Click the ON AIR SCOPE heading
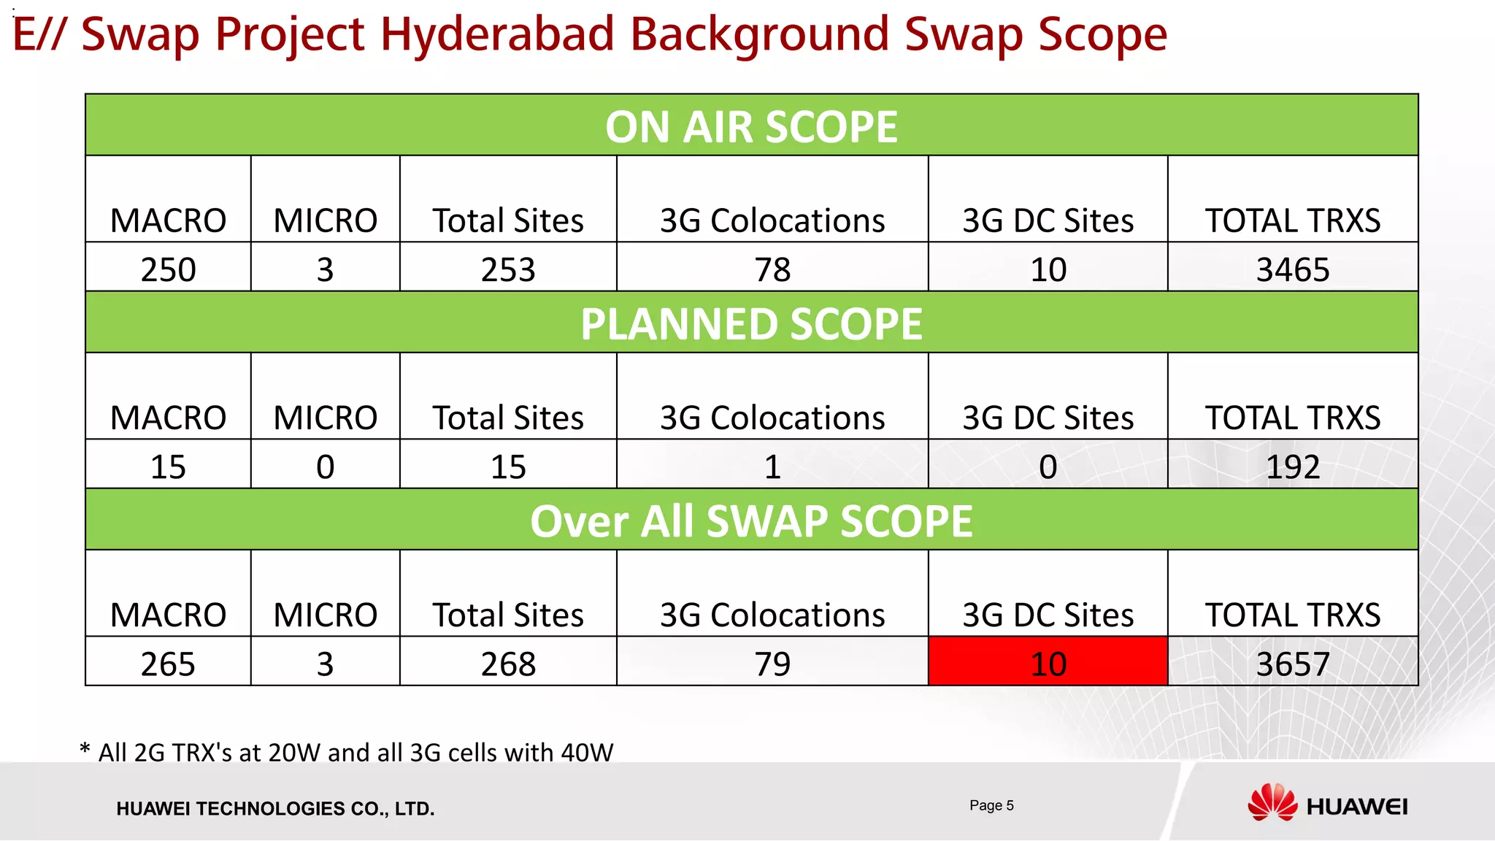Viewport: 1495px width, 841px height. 751,127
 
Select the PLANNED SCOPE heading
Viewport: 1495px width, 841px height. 751,324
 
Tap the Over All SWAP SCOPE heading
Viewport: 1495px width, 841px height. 751,521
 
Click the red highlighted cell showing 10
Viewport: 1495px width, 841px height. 1048,662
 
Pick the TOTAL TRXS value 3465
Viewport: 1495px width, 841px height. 1292,269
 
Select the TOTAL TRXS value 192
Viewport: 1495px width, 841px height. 1292,466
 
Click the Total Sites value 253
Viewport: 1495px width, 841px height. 508,269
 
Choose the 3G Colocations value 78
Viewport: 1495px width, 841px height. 772,269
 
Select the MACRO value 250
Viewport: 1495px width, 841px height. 168,269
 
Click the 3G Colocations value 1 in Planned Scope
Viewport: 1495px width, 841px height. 772,466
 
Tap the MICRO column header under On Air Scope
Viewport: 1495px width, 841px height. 325,220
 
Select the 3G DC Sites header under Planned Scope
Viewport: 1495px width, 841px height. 1048,418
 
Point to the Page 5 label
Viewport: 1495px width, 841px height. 991,805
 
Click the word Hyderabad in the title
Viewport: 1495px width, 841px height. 497,34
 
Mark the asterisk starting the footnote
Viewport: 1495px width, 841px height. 85,749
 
